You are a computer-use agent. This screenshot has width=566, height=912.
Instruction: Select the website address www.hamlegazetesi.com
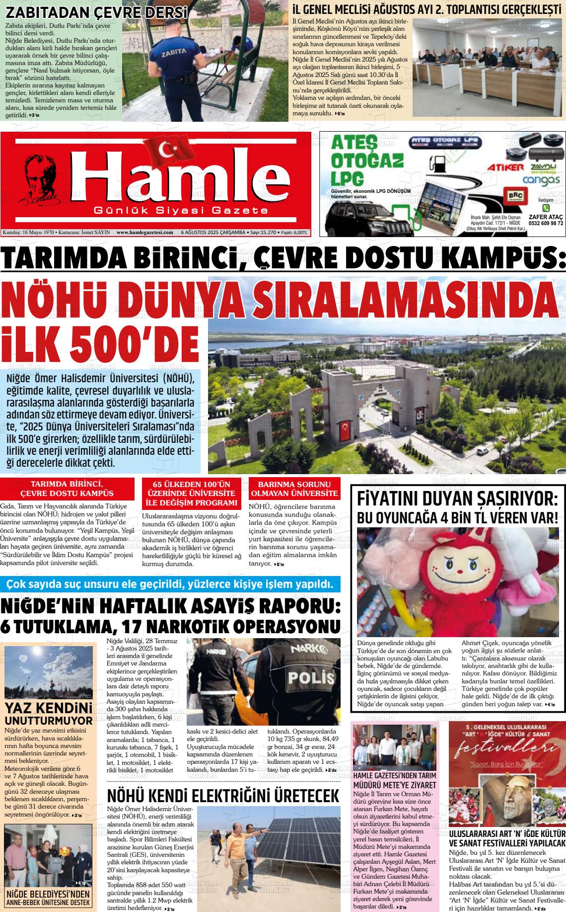tap(144, 232)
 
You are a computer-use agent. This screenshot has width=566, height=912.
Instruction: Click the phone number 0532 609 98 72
tap(546, 223)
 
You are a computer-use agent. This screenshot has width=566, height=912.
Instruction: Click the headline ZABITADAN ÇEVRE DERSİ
tap(97, 12)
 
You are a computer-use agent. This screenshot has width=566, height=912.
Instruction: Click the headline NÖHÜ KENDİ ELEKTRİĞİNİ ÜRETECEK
tap(223, 796)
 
